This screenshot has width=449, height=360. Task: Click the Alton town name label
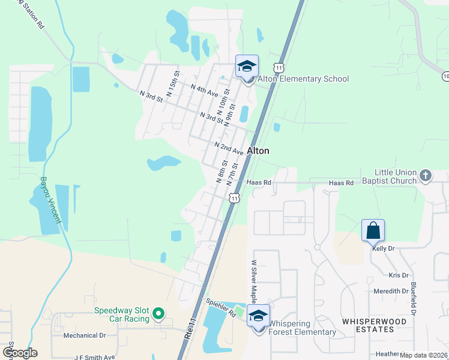click(258, 151)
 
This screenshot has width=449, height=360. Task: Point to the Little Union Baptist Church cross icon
click(426, 176)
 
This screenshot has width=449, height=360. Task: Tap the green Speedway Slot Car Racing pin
click(158, 314)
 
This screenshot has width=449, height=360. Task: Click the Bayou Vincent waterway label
click(51, 199)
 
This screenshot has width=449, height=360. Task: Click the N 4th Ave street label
click(204, 91)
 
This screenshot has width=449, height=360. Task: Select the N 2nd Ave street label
click(229, 148)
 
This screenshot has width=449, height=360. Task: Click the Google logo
click(19, 353)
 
